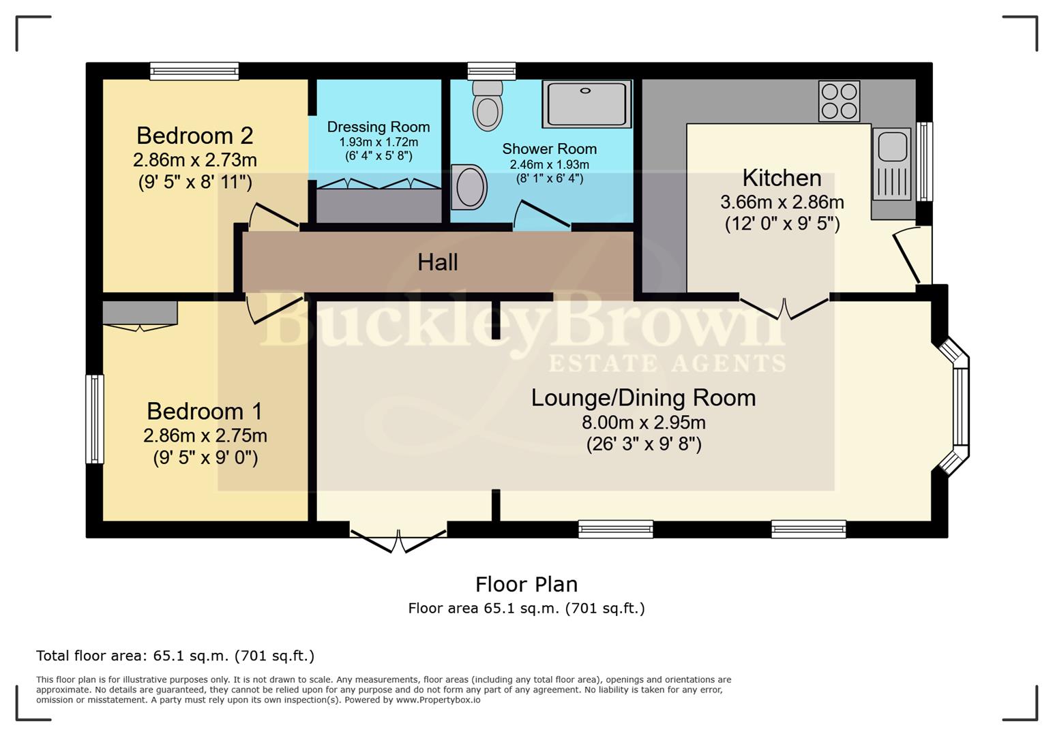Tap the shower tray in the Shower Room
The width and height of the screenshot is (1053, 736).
(587, 104)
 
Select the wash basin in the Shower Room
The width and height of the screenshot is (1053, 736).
(469, 187)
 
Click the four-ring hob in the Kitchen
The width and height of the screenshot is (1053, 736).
(839, 101)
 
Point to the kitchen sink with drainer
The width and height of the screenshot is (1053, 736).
(891, 164)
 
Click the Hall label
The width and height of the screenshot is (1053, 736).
(437, 262)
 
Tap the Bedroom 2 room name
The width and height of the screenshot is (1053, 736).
(194, 136)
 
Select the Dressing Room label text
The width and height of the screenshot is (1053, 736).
(379, 127)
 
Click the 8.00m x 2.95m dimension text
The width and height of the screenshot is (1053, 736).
(643, 423)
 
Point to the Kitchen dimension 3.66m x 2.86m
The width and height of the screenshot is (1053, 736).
(782, 202)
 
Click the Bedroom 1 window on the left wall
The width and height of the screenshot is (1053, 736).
(95, 418)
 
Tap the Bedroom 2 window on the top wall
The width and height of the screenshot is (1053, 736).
(194, 71)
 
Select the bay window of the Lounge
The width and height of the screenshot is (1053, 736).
(960, 407)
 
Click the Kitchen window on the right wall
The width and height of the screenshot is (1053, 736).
(924, 162)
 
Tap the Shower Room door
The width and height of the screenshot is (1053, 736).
(541, 215)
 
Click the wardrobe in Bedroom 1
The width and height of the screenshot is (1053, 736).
(140, 313)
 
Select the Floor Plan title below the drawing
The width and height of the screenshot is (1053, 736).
(526, 585)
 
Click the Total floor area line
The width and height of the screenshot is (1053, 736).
(175, 656)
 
